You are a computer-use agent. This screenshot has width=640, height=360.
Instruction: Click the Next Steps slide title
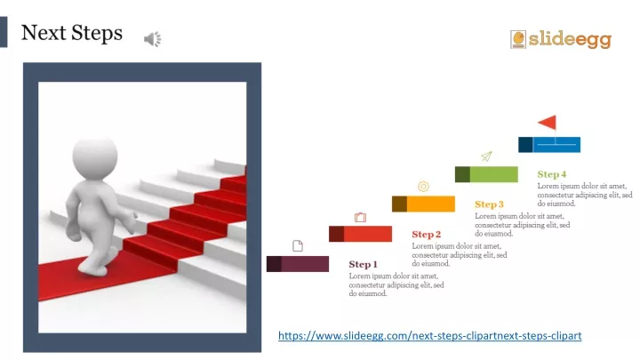click(x=72, y=34)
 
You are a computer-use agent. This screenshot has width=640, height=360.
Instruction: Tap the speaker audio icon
click(x=153, y=38)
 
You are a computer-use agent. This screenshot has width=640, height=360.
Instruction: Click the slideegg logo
click(x=561, y=39)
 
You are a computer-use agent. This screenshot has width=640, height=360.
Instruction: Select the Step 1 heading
click(x=363, y=264)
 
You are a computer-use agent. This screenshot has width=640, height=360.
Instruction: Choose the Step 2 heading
click(x=426, y=234)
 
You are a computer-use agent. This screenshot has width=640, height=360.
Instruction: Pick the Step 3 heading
click(x=489, y=204)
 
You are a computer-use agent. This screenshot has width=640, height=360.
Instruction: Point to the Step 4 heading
click(x=552, y=174)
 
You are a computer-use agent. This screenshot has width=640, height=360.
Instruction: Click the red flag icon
click(x=548, y=123)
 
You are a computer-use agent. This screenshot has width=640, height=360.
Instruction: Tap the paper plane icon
click(x=486, y=156)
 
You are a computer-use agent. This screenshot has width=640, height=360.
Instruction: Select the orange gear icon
click(x=423, y=187)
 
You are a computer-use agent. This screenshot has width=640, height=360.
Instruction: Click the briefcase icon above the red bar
click(x=360, y=217)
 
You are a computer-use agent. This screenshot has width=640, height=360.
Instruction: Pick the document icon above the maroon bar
click(x=297, y=245)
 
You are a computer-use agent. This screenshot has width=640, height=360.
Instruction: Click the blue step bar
click(x=549, y=144)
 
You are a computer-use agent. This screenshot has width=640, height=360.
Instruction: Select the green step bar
click(x=486, y=174)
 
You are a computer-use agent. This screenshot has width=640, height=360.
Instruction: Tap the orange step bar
click(x=423, y=204)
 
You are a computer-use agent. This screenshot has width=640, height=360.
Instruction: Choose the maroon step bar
click(x=298, y=263)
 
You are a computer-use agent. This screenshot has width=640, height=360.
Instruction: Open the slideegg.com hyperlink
click(x=429, y=335)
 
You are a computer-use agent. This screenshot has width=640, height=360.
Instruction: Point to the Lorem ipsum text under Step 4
click(x=584, y=195)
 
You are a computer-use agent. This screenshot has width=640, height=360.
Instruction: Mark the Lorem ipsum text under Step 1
click(x=396, y=284)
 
